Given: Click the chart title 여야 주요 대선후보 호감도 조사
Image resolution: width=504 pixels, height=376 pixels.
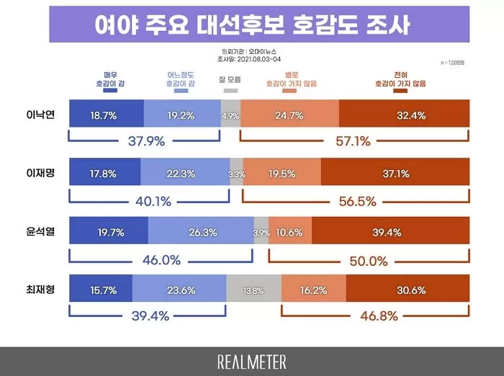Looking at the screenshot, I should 252,25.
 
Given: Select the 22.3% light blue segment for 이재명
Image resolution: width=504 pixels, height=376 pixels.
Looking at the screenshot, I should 184,174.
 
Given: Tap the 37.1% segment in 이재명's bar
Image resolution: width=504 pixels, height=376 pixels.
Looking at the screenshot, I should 395,174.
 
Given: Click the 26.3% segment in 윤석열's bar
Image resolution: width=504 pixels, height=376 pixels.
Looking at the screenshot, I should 201,232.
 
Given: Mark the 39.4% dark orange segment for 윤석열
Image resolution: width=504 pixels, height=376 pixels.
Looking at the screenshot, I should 390,232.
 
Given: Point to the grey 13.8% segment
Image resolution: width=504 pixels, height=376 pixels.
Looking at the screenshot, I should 253,290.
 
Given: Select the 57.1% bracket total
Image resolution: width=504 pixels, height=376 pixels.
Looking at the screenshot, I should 354,141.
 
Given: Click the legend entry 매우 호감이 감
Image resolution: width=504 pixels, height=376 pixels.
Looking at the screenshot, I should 109,80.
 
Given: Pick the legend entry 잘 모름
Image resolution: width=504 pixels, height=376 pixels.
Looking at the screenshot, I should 230,80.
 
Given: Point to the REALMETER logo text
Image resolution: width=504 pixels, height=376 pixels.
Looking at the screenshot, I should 251,361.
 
